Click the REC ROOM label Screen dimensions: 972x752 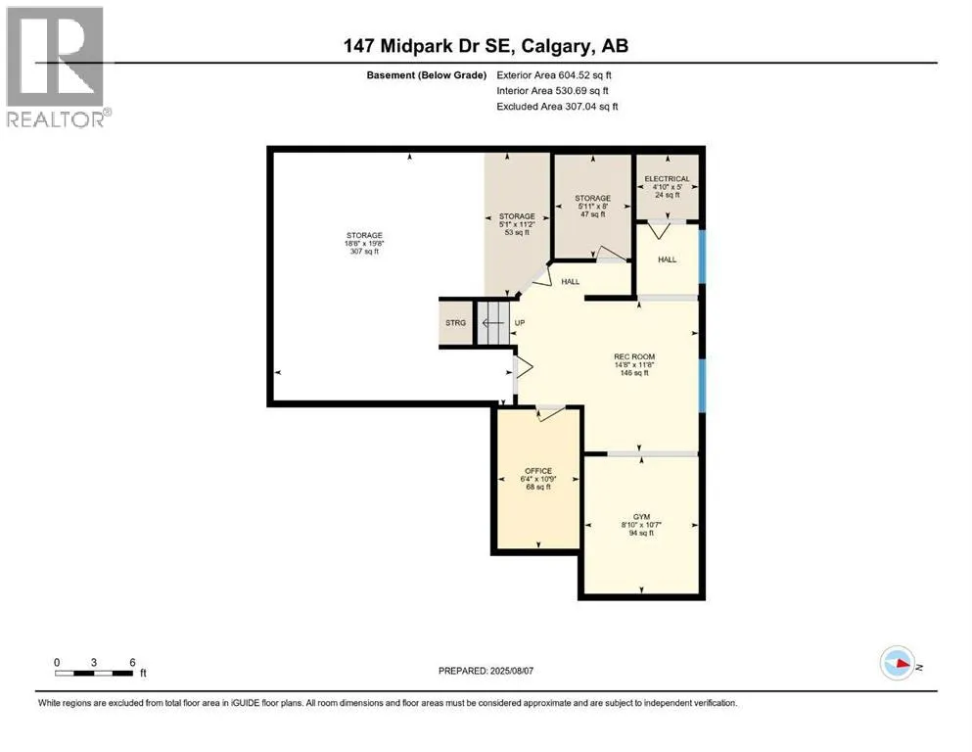pos(634,356)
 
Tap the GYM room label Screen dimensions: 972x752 pos(641,516)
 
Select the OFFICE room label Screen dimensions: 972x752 pos(538,471)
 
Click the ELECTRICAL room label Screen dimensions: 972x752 pos(667,178)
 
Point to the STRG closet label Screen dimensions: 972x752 pos(455,323)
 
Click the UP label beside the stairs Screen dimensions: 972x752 pos(520,323)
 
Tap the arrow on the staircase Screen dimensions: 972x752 pos(493,323)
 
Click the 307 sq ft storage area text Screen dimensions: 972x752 pos(364,251)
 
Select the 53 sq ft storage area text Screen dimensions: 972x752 pos(517,232)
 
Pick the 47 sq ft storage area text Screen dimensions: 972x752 pos(592,213)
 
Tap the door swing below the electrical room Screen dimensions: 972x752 pos(659,230)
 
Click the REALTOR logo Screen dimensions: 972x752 pos(57,68)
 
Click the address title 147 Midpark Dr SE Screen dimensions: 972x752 pos(427,46)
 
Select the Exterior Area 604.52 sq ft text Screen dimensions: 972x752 pos(554,75)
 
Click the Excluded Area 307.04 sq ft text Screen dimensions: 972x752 pos(557,107)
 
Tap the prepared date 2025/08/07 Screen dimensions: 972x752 pos(511,671)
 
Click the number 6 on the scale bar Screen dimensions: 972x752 pos(132,662)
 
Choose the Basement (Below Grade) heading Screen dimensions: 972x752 pos(427,75)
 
